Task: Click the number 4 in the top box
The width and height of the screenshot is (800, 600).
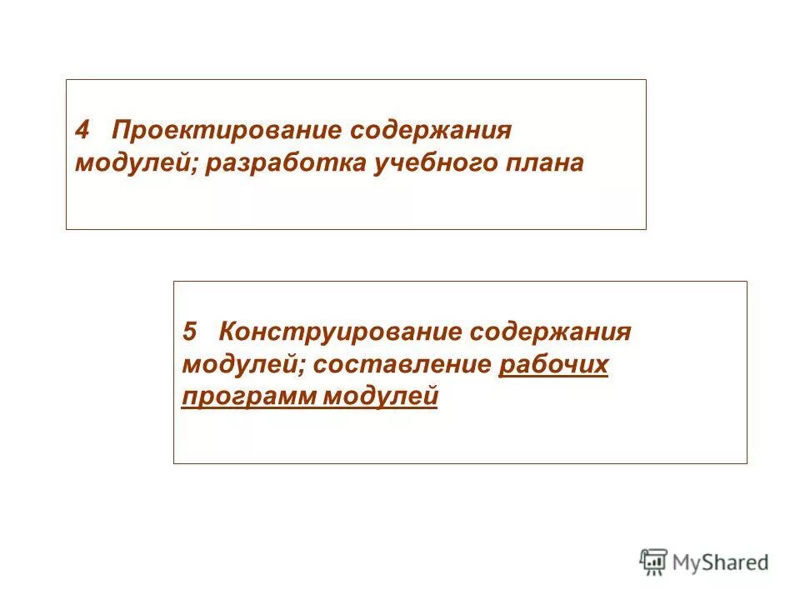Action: click(82, 132)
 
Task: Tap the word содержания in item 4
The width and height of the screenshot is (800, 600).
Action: click(430, 132)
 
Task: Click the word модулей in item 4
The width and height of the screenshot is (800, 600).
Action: click(135, 163)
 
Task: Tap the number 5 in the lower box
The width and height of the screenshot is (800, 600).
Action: click(190, 332)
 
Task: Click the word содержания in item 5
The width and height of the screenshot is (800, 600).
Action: click(551, 332)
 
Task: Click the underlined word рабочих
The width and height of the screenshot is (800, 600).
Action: click(553, 364)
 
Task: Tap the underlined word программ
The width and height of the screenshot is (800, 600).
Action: click(247, 397)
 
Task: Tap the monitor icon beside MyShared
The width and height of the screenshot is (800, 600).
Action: click(653, 562)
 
